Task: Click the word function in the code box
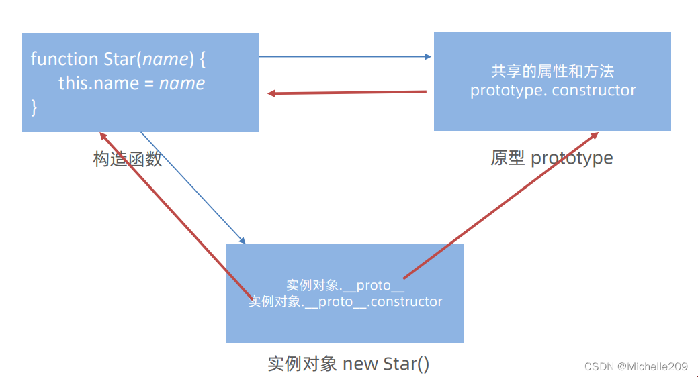[x=64, y=58]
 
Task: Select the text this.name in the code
[x=99, y=83]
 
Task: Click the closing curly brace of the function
[x=34, y=107]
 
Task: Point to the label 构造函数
[x=128, y=159]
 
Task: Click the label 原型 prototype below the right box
[x=552, y=158]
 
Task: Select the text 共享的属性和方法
[x=552, y=71]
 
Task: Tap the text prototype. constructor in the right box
[x=553, y=91]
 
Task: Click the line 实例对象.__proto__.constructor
[x=345, y=301]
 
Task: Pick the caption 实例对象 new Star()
[x=348, y=364]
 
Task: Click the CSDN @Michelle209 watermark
[x=636, y=366]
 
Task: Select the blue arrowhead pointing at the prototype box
[x=428, y=57]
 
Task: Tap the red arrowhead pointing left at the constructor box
[x=271, y=93]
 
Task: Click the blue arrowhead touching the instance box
[x=243, y=241]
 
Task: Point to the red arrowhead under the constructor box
[x=103, y=136]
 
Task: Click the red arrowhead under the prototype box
[x=595, y=136]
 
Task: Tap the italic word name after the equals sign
[x=182, y=84]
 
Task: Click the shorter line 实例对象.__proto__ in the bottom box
[x=345, y=285]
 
